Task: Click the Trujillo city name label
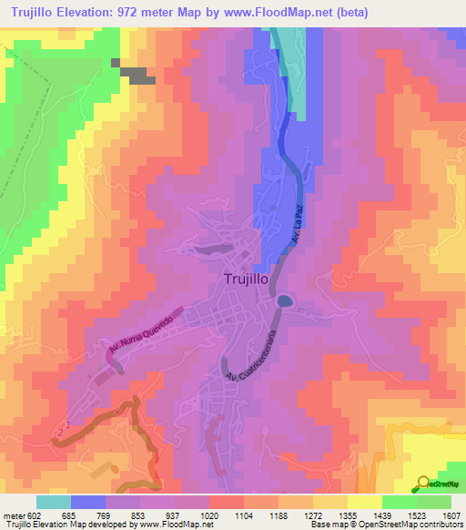tap(245, 280)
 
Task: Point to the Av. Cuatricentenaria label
tap(247, 355)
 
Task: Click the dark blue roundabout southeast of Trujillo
tap(285, 301)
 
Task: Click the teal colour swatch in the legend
tap(54, 502)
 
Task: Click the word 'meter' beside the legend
tap(12, 515)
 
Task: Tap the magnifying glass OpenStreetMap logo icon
tap(423, 484)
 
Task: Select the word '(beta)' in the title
tap(345, 12)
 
